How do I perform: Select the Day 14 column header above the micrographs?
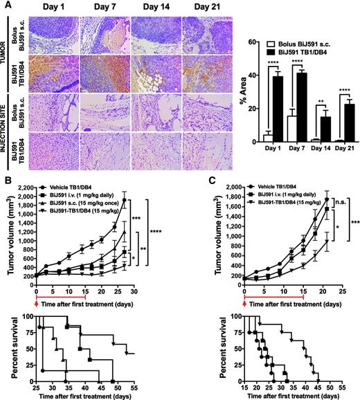coord(146,8)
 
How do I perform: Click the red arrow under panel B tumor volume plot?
coord(36,285)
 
